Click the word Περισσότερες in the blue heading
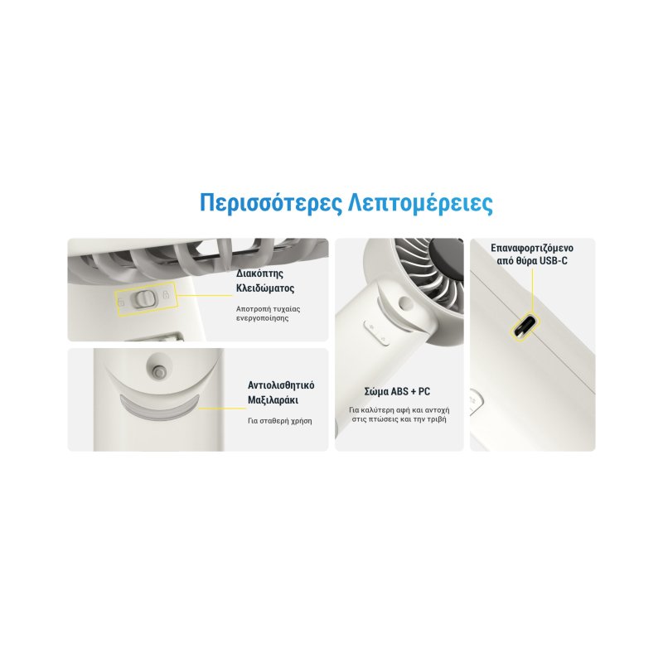(268, 204)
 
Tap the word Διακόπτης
(260, 273)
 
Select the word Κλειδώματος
(265, 288)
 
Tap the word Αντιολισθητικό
(281, 385)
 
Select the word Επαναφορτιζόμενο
(532, 248)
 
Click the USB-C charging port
(524, 327)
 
